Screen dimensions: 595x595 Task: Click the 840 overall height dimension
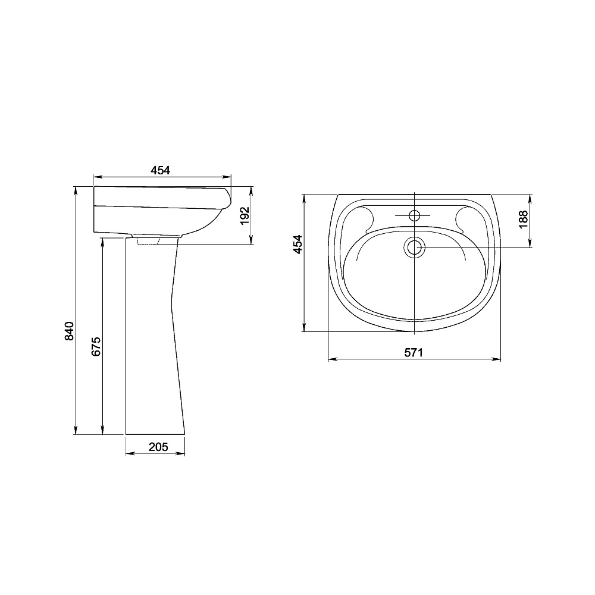tap(69, 331)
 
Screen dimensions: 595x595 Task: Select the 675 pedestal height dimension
tap(96, 346)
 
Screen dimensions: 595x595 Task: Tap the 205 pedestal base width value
tap(158, 447)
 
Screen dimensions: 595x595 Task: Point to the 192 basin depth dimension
tap(245, 215)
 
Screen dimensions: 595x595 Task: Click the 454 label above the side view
tap(161, 170)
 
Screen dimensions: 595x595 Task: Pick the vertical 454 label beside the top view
tap(298, 245)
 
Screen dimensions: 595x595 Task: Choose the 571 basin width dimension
tap(414, 352)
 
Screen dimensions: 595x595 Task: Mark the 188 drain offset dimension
tap(523, 219)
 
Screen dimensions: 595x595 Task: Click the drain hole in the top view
tap(414, 247)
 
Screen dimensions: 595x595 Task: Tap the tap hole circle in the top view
tap(414, 216)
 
